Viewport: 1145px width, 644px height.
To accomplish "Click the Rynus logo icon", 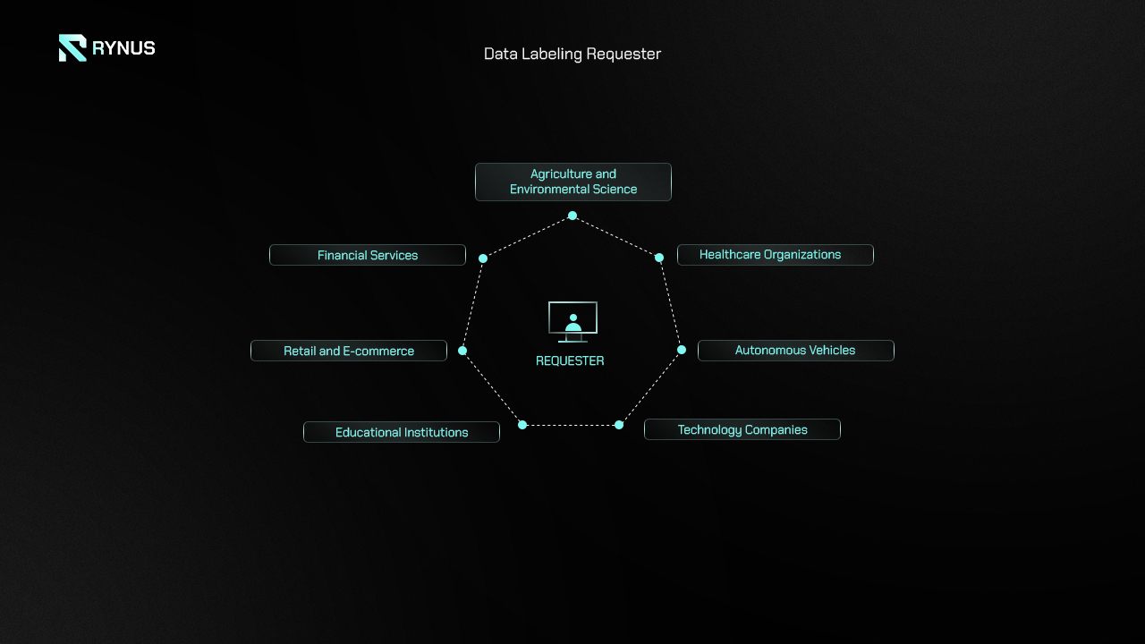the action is pos(72,48).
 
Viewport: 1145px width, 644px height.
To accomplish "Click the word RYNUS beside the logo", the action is pos(123,48).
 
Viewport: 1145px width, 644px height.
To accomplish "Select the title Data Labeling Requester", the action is pos(572,54).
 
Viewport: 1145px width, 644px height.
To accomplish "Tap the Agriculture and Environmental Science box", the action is pos(573,182).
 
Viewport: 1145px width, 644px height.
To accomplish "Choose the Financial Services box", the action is pos(368,255).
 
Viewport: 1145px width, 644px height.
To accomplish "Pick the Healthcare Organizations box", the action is pos(776,255).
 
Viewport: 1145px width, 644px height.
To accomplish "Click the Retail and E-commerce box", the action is pos(349,351).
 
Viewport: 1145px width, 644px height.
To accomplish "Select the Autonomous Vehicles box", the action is pos(796,351).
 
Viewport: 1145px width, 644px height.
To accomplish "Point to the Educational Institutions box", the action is pos(402,432).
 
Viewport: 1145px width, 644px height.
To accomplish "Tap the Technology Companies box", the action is pos(742,429).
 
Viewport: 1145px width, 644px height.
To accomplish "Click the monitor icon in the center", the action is pos(573,321).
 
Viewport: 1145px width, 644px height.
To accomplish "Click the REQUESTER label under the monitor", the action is pos(570,360).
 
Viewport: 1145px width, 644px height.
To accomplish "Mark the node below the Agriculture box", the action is pos(572,216).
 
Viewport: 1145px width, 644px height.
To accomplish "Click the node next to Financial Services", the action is pos(483,258).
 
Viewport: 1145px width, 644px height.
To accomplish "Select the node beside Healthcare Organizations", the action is pos(659,258).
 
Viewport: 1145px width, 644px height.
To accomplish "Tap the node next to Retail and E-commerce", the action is pos(462,351).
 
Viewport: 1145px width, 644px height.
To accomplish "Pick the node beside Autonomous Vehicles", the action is pos(682,350).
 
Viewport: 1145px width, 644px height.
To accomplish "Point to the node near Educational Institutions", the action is pos(522,425).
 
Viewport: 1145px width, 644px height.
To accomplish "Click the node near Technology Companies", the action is pos(619,425).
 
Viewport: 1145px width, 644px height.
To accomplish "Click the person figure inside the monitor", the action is pos(573,323).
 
